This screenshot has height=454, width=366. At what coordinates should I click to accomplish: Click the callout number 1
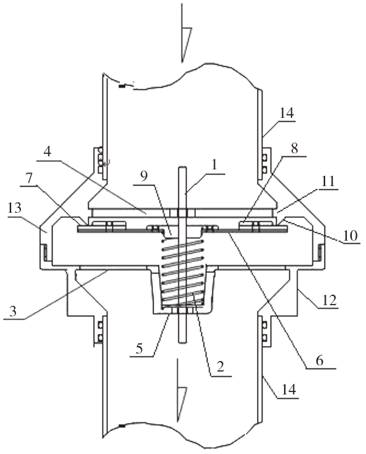[214, 165]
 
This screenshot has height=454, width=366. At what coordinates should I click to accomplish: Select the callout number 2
[220, 367]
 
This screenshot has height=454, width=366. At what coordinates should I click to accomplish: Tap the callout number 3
[13, 311]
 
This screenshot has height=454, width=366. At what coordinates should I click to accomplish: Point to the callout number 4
[48, 151]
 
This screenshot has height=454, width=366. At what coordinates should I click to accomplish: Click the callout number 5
[139, 349]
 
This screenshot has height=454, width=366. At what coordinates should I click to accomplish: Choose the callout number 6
[319, 361]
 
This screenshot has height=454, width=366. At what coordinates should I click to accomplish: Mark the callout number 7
[29, 179]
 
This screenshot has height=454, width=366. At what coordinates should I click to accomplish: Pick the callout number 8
[294, 148]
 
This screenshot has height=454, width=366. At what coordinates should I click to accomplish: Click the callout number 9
[144, 176]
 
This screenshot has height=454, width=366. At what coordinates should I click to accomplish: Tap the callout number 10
[350, 236]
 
